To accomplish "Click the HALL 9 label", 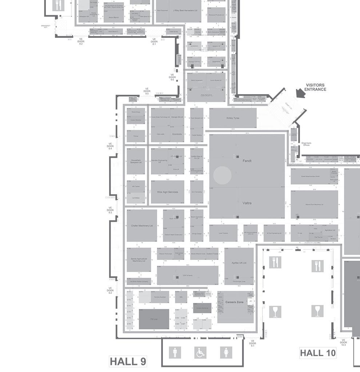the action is [128, 361].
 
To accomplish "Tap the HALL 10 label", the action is [317, 353].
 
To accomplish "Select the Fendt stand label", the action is [247, 161].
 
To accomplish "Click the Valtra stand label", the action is [247, 203].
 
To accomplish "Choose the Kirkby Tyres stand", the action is [233, 118].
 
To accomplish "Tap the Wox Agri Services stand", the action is [167, 192].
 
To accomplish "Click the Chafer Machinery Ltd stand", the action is [142, 226].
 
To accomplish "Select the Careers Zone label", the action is [235, 302].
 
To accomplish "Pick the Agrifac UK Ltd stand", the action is [239, 263].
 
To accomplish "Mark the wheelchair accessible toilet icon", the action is [200, 352].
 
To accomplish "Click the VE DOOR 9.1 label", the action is [253, 343].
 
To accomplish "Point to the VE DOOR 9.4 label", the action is [110, 146].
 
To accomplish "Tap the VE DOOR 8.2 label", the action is [81, 41].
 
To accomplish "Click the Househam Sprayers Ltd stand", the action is [136, 161].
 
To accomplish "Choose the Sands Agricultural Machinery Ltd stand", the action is [138, 260].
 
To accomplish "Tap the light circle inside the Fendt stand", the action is [222, 175].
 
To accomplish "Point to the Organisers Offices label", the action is [306, 144].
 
